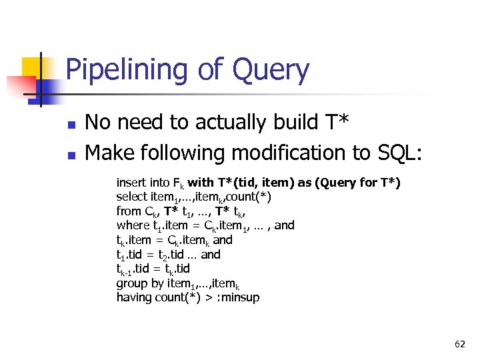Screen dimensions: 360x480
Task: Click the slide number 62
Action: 459,344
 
